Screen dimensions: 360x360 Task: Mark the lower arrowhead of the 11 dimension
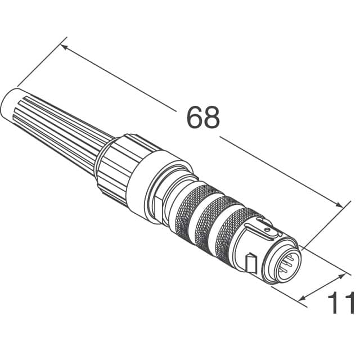[304, 299]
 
